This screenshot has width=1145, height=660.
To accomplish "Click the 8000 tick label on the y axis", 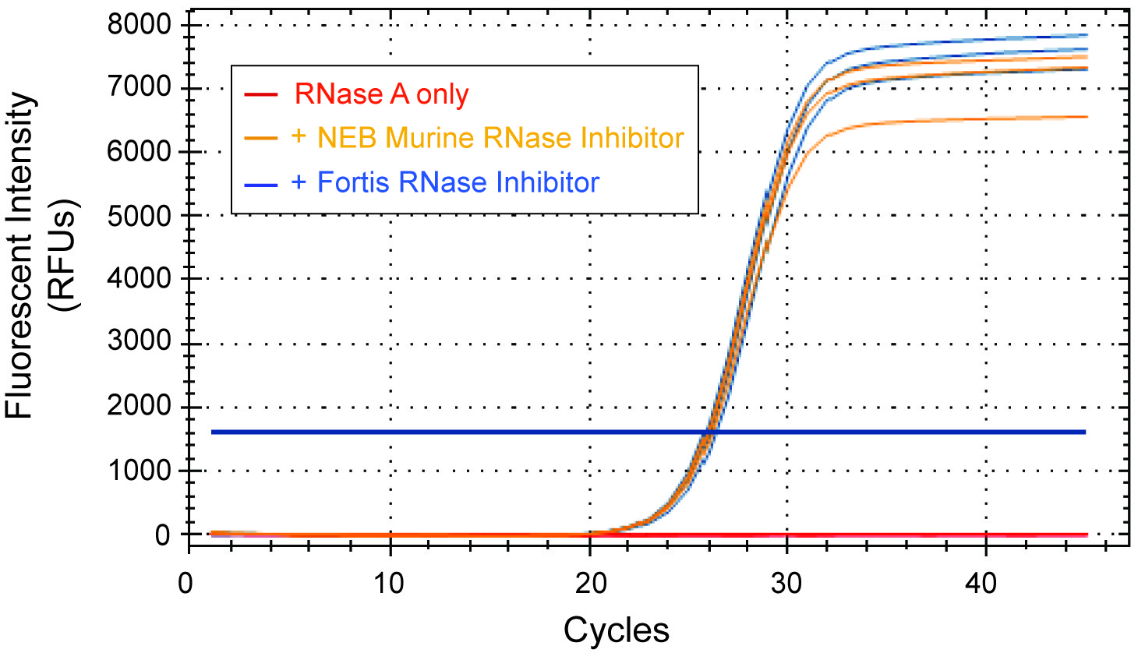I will pos(139,25).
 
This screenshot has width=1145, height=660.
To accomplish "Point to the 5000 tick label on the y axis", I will pos(139,216).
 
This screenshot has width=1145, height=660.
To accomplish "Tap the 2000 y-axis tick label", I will pos(139,406).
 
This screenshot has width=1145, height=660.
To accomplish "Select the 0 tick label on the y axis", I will pos(161,535).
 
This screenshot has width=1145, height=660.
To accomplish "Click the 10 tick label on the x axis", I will pos(388,583).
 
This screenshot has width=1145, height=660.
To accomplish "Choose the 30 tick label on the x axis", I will pos(786,583).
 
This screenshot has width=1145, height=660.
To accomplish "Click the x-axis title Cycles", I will pos(616,630).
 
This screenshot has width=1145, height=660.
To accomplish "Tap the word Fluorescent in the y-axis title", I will pos(19,257).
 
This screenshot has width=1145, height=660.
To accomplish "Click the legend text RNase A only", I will pos(381,94).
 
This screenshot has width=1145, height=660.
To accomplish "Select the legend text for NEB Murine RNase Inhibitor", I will pos(487,138).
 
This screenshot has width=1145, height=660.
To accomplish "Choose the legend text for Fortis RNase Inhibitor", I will pos(445,182).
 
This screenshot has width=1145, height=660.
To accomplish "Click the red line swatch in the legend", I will pos(260,95).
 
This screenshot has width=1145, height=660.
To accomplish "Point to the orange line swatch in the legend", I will pos(260,139).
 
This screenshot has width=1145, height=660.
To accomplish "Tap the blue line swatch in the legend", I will pos(260,185).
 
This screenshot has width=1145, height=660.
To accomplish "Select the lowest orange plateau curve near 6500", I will pos(974,118).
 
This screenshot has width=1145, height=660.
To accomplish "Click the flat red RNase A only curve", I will pos(896,535).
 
